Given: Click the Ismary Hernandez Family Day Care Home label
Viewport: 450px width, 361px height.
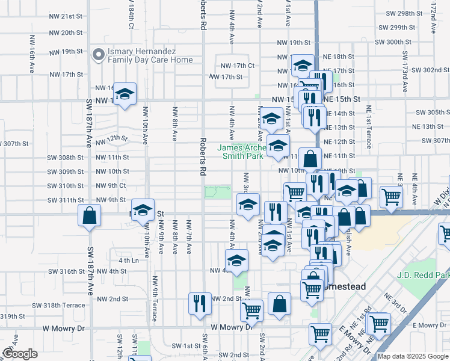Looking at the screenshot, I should tap(150, 55).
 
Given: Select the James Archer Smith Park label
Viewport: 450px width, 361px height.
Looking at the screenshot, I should tap(240, 152).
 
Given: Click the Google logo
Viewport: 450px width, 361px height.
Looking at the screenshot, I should tap(20, 354).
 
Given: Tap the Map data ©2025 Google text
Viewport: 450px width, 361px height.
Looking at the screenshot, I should tap(413, 356).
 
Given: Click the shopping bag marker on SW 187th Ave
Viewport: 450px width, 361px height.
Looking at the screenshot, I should tap(89, 217).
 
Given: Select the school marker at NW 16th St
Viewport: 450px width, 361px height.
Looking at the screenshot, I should tap(125, 94).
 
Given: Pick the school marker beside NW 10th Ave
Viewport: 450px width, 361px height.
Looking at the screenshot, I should tap(143, 210).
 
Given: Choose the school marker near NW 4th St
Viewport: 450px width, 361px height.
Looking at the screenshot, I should tap(236, 261).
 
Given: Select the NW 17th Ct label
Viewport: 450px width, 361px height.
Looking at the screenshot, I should tap(238, 65).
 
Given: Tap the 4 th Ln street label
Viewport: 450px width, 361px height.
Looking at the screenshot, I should tap(129, 261).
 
